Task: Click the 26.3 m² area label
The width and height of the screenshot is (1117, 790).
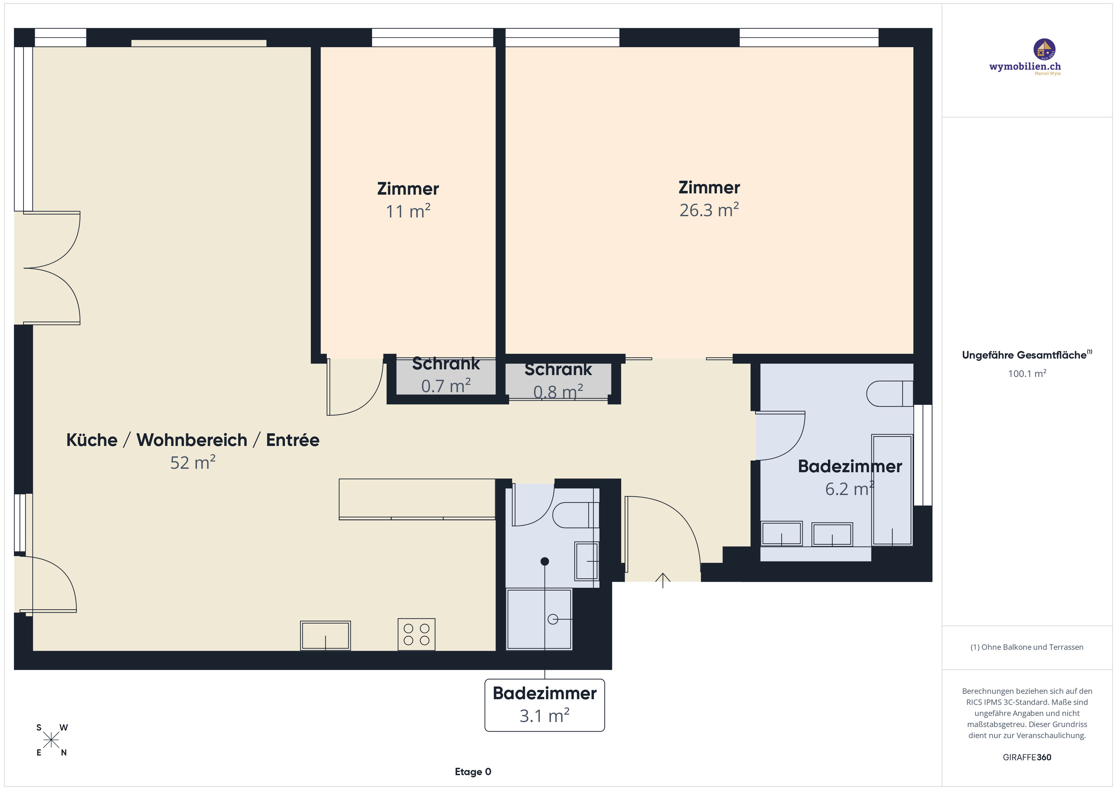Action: [x=709, y=210]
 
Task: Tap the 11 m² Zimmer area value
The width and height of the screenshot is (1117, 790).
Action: [x=408, y=212]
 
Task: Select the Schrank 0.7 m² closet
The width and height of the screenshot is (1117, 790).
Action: [x=445, y=377]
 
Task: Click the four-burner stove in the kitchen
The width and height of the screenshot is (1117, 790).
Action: [x=416, y=634]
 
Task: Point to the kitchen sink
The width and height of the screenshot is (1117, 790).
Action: [x=325, y=635]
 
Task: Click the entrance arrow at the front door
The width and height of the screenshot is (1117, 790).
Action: [x=663, y=580]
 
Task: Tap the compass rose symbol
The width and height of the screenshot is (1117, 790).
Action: [x=51, y=740]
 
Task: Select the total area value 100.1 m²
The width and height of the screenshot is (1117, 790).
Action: [x=1027, y=373]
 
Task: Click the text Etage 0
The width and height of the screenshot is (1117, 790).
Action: [x=473, y=772]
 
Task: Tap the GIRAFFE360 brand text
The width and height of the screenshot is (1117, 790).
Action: [x=1027, y=757]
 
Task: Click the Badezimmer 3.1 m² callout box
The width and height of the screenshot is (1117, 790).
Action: [x=545, y=705]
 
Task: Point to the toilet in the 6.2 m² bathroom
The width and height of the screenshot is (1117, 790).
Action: [x=889, y=393]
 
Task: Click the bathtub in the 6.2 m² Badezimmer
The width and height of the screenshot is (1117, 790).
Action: [x=892, y=490]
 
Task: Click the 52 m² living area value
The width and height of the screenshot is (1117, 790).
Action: [x=193, y=463]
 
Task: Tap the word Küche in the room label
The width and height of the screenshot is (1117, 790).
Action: [x=92, y=440]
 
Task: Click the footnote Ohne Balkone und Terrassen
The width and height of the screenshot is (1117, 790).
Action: [x=1027, y=647]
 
